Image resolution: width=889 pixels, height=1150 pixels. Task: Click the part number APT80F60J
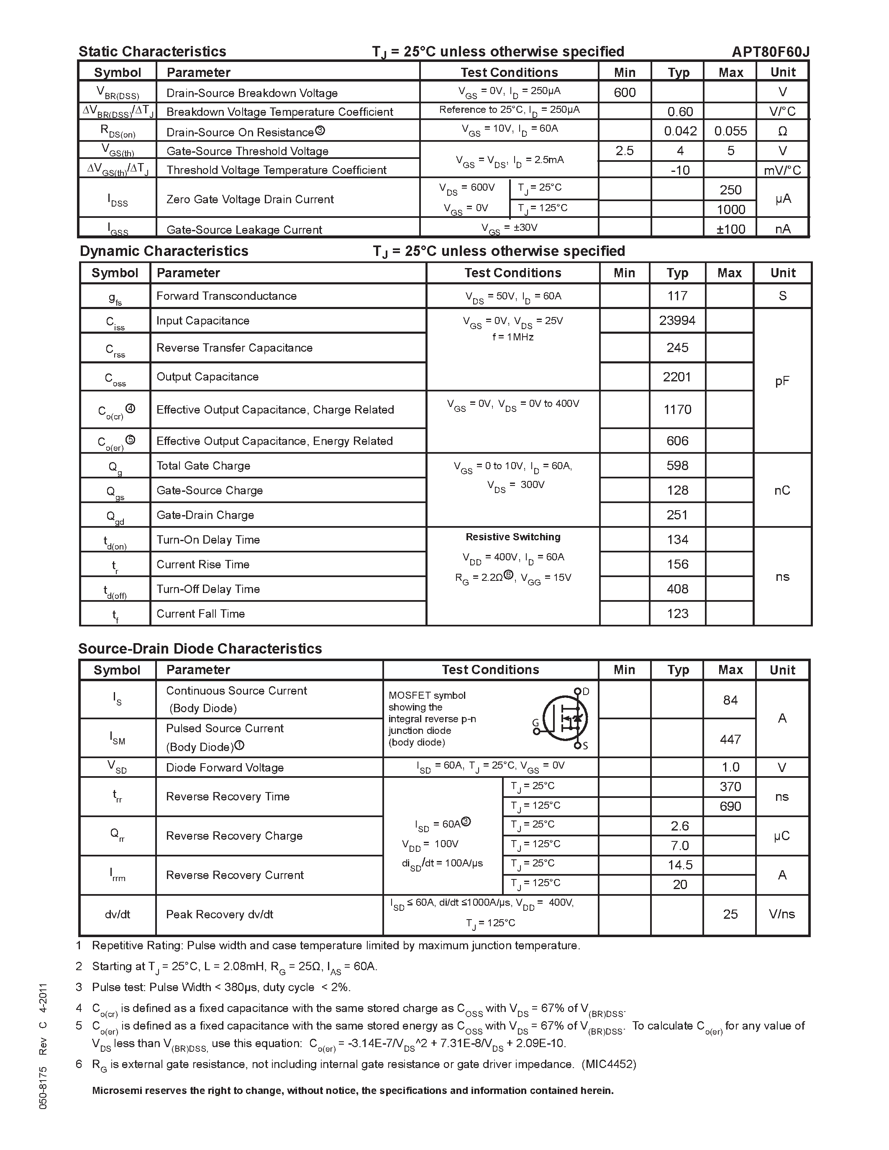(x=770, y=51)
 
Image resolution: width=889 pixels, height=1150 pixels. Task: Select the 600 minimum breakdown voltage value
(x=625, y=92)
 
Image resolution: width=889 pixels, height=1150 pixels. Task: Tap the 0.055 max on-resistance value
(x=730, y=131)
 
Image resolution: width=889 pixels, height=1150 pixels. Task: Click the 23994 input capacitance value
(x=677, y=320)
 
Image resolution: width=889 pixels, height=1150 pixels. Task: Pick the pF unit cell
(x=782, y=381)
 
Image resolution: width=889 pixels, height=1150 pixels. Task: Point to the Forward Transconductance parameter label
(x=226, y=296)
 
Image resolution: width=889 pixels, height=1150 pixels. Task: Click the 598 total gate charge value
(x=677, y=465)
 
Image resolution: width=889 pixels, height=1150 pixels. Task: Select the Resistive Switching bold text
(x=513, y=537)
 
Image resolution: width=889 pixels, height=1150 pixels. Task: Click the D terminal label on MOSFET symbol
(x=586, y=691)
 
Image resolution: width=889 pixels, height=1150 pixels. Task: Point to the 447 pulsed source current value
(x=730, y=739)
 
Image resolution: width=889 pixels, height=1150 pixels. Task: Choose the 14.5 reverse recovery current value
(x=679, y=865)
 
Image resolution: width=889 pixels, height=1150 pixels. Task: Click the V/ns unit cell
(x=782, y=914)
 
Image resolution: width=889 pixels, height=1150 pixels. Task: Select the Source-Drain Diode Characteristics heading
(x=200, y=649)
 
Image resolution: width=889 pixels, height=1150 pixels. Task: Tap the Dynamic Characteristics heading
(x=164, y=251)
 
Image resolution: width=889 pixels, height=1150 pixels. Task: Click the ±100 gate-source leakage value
(x=730, y=229)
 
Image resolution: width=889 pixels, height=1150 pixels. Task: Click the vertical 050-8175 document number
(x=43, y=1088)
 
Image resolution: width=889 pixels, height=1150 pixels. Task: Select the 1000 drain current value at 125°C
(x=730, y=210)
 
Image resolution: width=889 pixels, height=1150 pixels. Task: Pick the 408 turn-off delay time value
(x=677, y=589)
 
